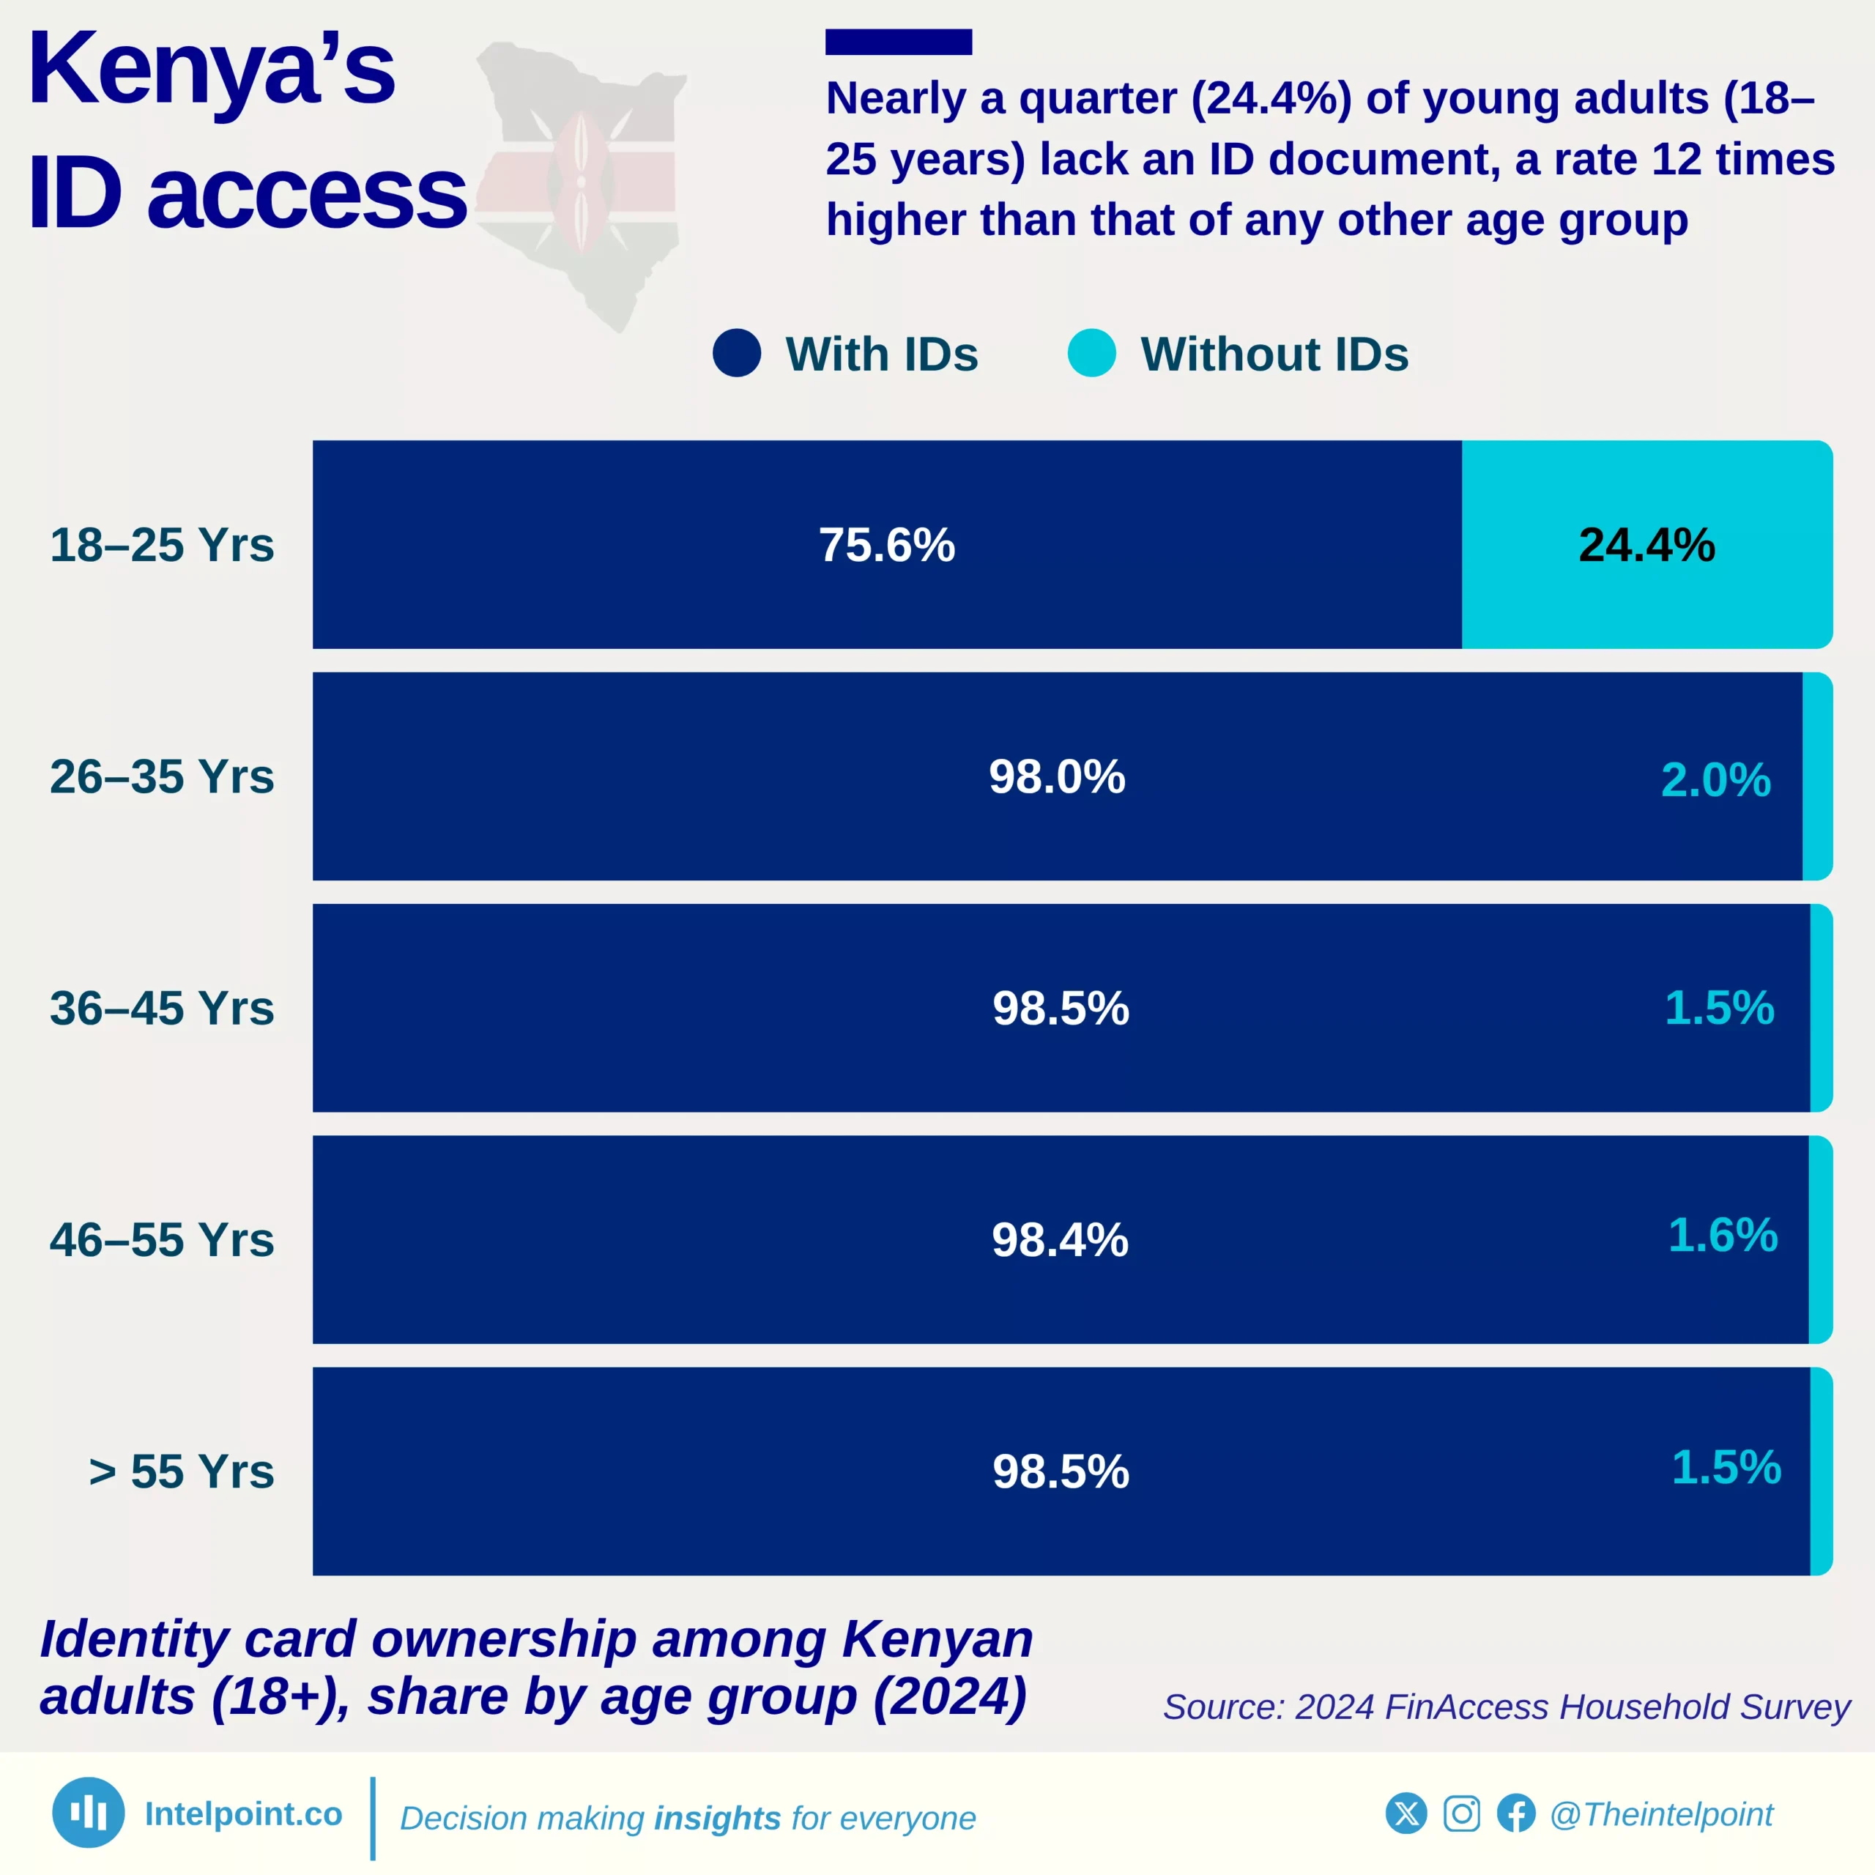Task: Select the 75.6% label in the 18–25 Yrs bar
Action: coord(886,546)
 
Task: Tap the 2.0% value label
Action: coord(1715,780)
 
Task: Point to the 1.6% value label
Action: coord(1723,1236)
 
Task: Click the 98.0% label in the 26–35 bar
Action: coord(1057,777)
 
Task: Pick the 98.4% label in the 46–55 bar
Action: coord(1060,1240)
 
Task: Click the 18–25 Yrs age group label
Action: coord(162,546)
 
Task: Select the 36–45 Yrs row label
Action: coord(162,1009)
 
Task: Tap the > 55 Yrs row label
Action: coord(182,1472)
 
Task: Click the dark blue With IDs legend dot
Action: coord(737,353)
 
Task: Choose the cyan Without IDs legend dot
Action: coord(1092,353)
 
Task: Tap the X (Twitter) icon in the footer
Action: coord(1406,1814)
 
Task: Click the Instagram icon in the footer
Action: coord(1462,1814)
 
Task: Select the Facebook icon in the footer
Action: coord(1516,1814)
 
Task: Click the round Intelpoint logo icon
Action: coord(89,1813)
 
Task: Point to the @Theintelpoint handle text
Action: coord(1660,1815)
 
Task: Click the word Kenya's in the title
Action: coord(212,70)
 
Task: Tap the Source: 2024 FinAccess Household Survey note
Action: coord(1506,1707)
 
